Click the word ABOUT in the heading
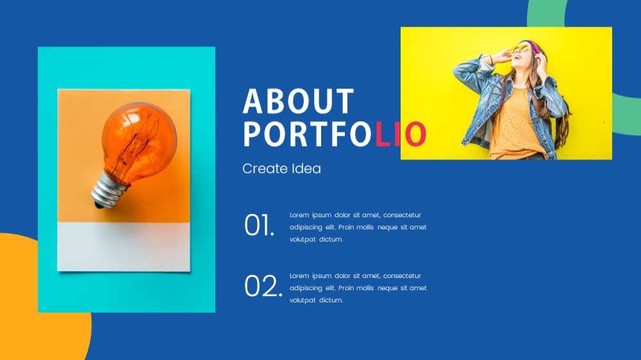point(298,101)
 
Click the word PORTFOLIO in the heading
point(335,134)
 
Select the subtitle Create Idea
point(281,168)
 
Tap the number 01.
point(259,225)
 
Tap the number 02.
point(263,286)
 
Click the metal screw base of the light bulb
point(108,191)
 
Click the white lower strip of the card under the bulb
point(124,247)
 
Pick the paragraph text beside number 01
point(358,227)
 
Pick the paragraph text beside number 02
point(358,288)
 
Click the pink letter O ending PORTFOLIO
point(416,134)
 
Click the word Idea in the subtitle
point(306,168)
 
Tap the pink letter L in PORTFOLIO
point(383,134)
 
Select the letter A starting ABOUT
point(252,101)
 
